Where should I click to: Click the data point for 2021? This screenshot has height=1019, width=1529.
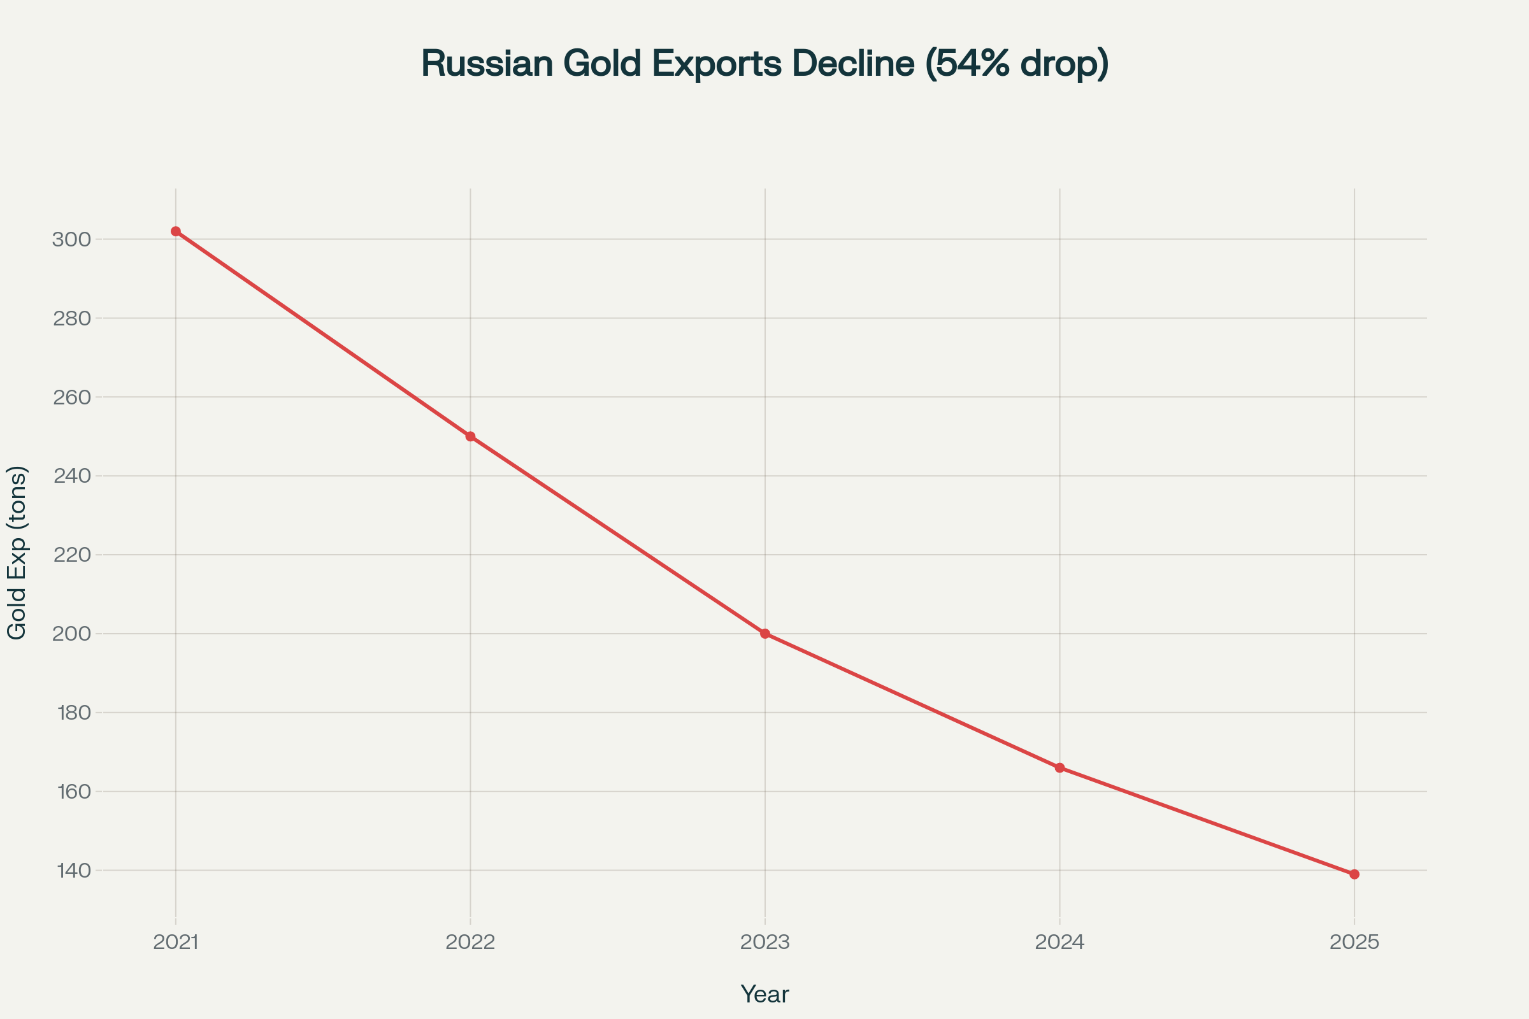pos(176,231)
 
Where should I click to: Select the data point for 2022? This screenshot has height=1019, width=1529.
pos(471,436)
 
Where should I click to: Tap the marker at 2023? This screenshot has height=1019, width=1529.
pos(765,634)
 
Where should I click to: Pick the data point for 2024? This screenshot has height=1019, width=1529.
pos(1059,767)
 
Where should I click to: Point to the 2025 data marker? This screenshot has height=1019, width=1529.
pos(1354,874)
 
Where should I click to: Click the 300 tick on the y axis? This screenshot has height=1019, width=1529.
pos(71,239)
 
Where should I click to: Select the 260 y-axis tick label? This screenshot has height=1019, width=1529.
pos(71,397)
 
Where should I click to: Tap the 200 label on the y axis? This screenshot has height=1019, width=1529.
pos(71,634)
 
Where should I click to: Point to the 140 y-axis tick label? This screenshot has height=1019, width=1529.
pos(73,870)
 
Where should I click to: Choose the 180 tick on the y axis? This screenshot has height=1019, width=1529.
pos(73,713)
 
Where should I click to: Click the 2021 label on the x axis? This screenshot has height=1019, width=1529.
pos(176,942)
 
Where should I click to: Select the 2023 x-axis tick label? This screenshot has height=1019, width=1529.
pos(765,942)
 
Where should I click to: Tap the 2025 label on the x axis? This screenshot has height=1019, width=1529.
pos(1354,942)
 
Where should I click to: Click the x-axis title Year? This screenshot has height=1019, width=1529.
pos(764,994)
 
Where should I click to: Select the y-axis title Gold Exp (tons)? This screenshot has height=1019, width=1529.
pos(17,552)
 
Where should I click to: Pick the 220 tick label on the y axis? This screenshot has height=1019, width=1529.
pos(71,555)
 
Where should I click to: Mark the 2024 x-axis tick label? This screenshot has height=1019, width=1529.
pos(1059,942)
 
